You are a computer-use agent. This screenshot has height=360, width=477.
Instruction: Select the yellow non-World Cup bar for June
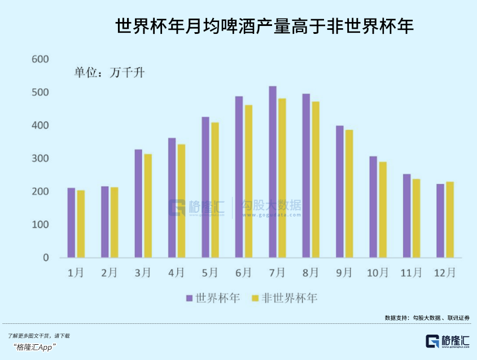tap(248, 182)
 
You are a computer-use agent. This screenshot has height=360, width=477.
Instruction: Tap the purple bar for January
tap(71, 223)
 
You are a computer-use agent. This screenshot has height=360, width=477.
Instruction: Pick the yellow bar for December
tap(450, 219)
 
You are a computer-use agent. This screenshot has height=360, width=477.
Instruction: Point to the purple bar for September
tap(340, 192)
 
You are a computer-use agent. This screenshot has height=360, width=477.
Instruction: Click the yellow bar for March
tap(148, 206)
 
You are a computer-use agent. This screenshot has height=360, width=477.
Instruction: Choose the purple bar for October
tap(373, 207)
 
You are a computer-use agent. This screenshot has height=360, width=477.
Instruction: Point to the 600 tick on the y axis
tap(41, 59)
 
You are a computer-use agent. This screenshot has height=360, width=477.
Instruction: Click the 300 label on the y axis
tap(41, 159)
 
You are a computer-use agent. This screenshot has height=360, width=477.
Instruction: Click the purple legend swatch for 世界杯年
tap(189, 298)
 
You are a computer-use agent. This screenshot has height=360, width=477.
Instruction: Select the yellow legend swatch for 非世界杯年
tap(255, 298)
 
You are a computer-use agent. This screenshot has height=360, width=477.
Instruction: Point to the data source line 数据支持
tap(427, 318)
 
